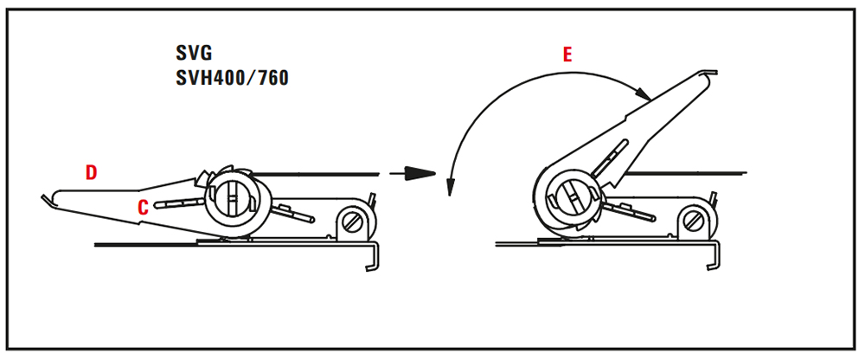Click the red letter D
[91, 172]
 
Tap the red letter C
[144, 206]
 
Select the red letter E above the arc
[567, 56]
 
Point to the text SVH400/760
[232, 78]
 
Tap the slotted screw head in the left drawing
[353, 221]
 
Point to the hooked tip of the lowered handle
[46, 201]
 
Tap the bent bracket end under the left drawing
[373, 260]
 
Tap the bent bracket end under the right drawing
[714, 260]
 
